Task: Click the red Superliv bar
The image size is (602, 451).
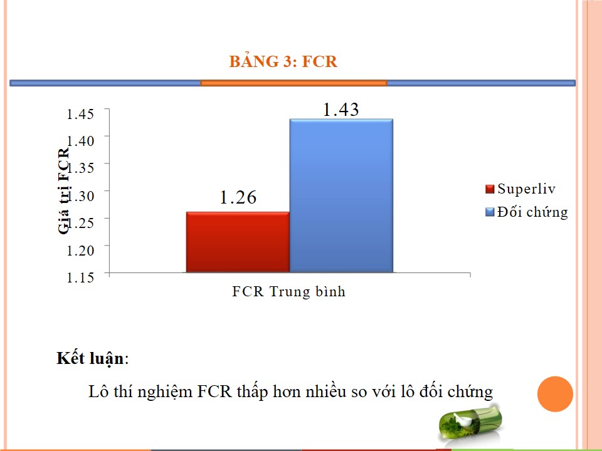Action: (x=238, y=242)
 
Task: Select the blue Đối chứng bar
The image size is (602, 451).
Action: (x=341, y=196)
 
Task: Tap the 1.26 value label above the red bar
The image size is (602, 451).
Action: (x=238, y=197)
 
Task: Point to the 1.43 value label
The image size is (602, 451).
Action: (x=341, y=110)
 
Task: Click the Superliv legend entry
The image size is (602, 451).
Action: (x=520, y=189)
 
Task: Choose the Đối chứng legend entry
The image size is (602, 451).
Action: (x=527, y=212)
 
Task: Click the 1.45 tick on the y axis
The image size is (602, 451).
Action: (x=80, y=114)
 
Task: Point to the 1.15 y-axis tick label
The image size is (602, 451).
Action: (x=80, y=277)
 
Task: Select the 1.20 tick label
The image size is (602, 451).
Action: (x=80, y=251)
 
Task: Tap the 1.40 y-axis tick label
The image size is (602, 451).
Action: (x=80, y=141)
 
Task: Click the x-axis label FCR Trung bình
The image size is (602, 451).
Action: (x=288, y=291)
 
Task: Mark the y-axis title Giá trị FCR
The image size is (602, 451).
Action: (x=63, y=190)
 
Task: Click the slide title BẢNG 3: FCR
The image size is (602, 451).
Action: (x=283, y=61)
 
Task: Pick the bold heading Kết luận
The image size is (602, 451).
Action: (x=90, y=358)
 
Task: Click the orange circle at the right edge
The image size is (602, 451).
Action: (x=555, y=394)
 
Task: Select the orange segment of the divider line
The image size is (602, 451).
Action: (x=293, y=83)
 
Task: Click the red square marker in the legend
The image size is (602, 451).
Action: (x=490, y=189)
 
